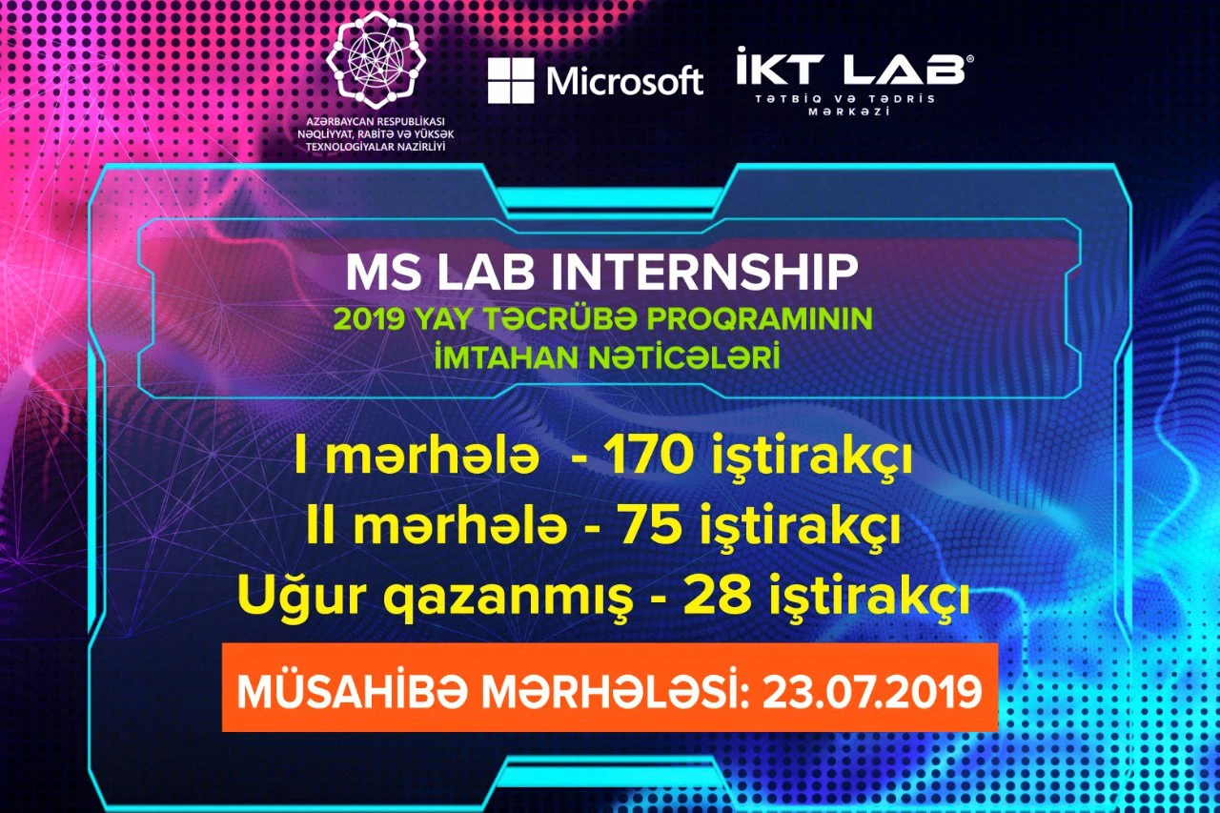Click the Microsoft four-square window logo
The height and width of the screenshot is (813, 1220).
pyautogui.click(x=511, y=81)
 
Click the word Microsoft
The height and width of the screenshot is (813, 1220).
pyautogui.click(x=624, y=81)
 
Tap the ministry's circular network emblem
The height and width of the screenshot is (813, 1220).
pyautogui.click(x=376, y=59)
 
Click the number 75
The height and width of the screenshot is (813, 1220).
pyautogui.click(x=652, y=526)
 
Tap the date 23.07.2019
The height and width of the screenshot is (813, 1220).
pyautogui.click(x=871, y=692)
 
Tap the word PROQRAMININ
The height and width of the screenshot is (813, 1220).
pyautogui.click(x=760, y=319)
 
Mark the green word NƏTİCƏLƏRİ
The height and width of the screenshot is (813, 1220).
pyautogui.click(x=683, y=357)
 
